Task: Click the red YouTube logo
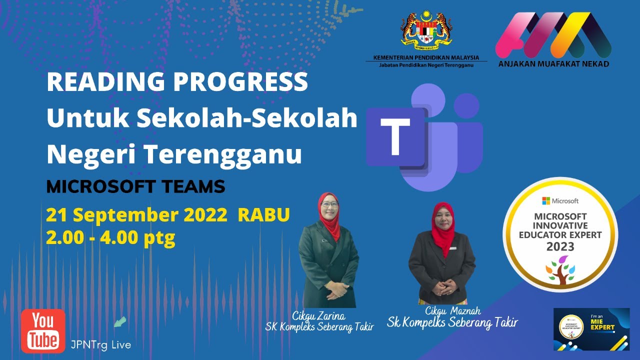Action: click(x=43, y=330)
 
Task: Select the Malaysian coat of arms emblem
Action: click(x=426, y=30)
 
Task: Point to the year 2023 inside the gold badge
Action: click(x=560, y=246)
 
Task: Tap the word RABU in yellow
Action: click(x=263, y=215)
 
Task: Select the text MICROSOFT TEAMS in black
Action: click(x=135, y=187)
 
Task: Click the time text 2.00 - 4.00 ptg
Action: click(x=110, y=237)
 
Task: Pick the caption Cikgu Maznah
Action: click(x=451, y=311)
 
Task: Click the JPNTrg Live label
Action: click(x=101, y=344)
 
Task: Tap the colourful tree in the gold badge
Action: click(x=560, y=269)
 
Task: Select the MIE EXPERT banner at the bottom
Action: click(x=591, y=329)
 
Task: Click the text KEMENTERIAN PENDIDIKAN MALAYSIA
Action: click(x=426, y=57)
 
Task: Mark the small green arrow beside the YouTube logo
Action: click(x=120, y=321)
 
